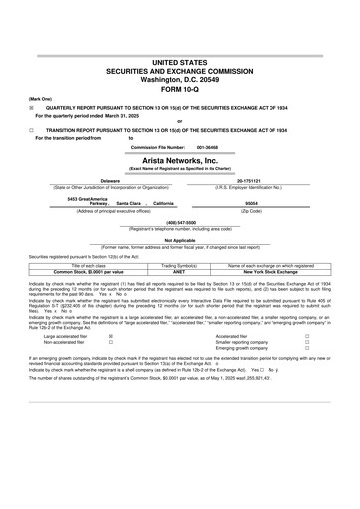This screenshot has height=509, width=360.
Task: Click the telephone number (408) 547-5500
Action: coord(180,222)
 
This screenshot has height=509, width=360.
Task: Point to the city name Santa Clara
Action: coord(129,203)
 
